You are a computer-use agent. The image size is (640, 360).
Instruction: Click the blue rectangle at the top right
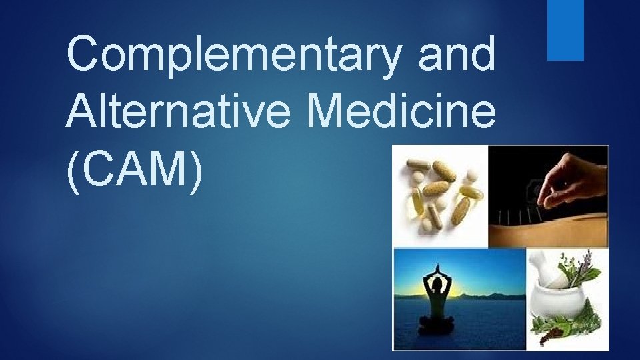point(565,30)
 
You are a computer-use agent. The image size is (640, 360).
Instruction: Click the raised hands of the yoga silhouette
point(436,269)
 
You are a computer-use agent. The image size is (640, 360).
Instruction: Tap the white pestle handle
point(541,263)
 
